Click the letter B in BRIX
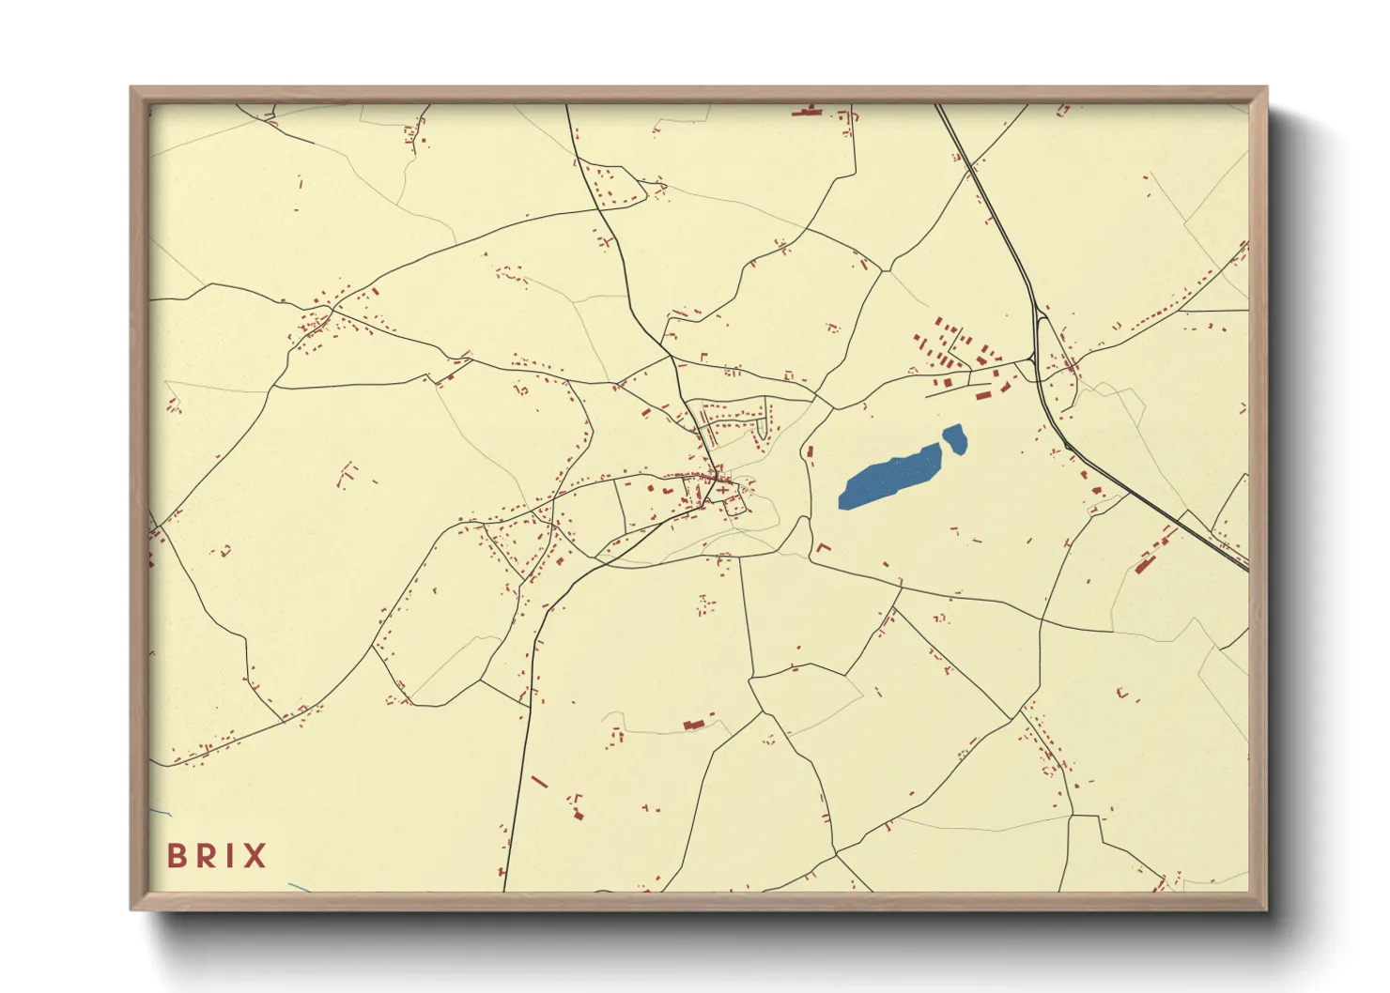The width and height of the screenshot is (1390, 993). [x=176, y=856]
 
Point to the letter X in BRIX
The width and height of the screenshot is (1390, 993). [x=254, y=856]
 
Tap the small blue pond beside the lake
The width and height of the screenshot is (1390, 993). [x=955, y=438]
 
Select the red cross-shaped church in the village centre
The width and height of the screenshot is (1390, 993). [x=721, y=484]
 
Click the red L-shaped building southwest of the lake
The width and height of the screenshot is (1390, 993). [x=823, y=547]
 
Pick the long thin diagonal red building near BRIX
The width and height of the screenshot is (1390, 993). [x=539, y=781]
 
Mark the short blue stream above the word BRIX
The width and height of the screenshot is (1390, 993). [x=161, y=811]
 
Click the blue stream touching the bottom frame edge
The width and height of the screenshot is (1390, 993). [x=300, y=887]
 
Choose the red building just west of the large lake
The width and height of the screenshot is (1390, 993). [x=809, y=453]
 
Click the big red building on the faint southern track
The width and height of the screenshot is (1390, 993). [x=693, y=724]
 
